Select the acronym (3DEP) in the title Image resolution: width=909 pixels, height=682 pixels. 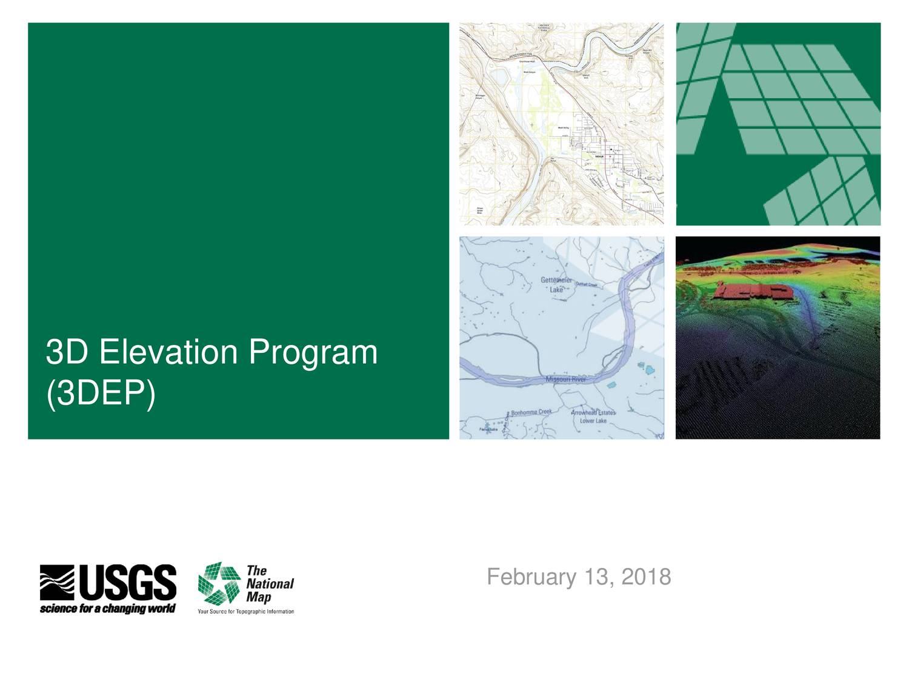coord(101,394)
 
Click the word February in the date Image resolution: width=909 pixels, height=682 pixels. coord(531,577)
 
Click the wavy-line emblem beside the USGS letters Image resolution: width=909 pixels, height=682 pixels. coord(57,583)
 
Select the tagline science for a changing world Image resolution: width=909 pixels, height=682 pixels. coord(108,608)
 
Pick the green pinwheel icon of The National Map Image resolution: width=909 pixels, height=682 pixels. coord(219,583)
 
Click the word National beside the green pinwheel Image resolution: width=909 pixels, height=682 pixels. coord(270,584)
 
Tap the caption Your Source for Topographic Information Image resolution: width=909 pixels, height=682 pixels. coord(245,612)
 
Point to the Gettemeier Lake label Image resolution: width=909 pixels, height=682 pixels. coord(556,284)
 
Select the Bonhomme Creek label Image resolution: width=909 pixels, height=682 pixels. coord(531,412)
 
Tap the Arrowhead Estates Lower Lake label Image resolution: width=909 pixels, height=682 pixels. coord(593,416)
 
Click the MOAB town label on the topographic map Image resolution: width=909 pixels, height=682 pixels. coord(599,156)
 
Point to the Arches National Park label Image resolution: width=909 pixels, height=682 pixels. coord(544,27)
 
